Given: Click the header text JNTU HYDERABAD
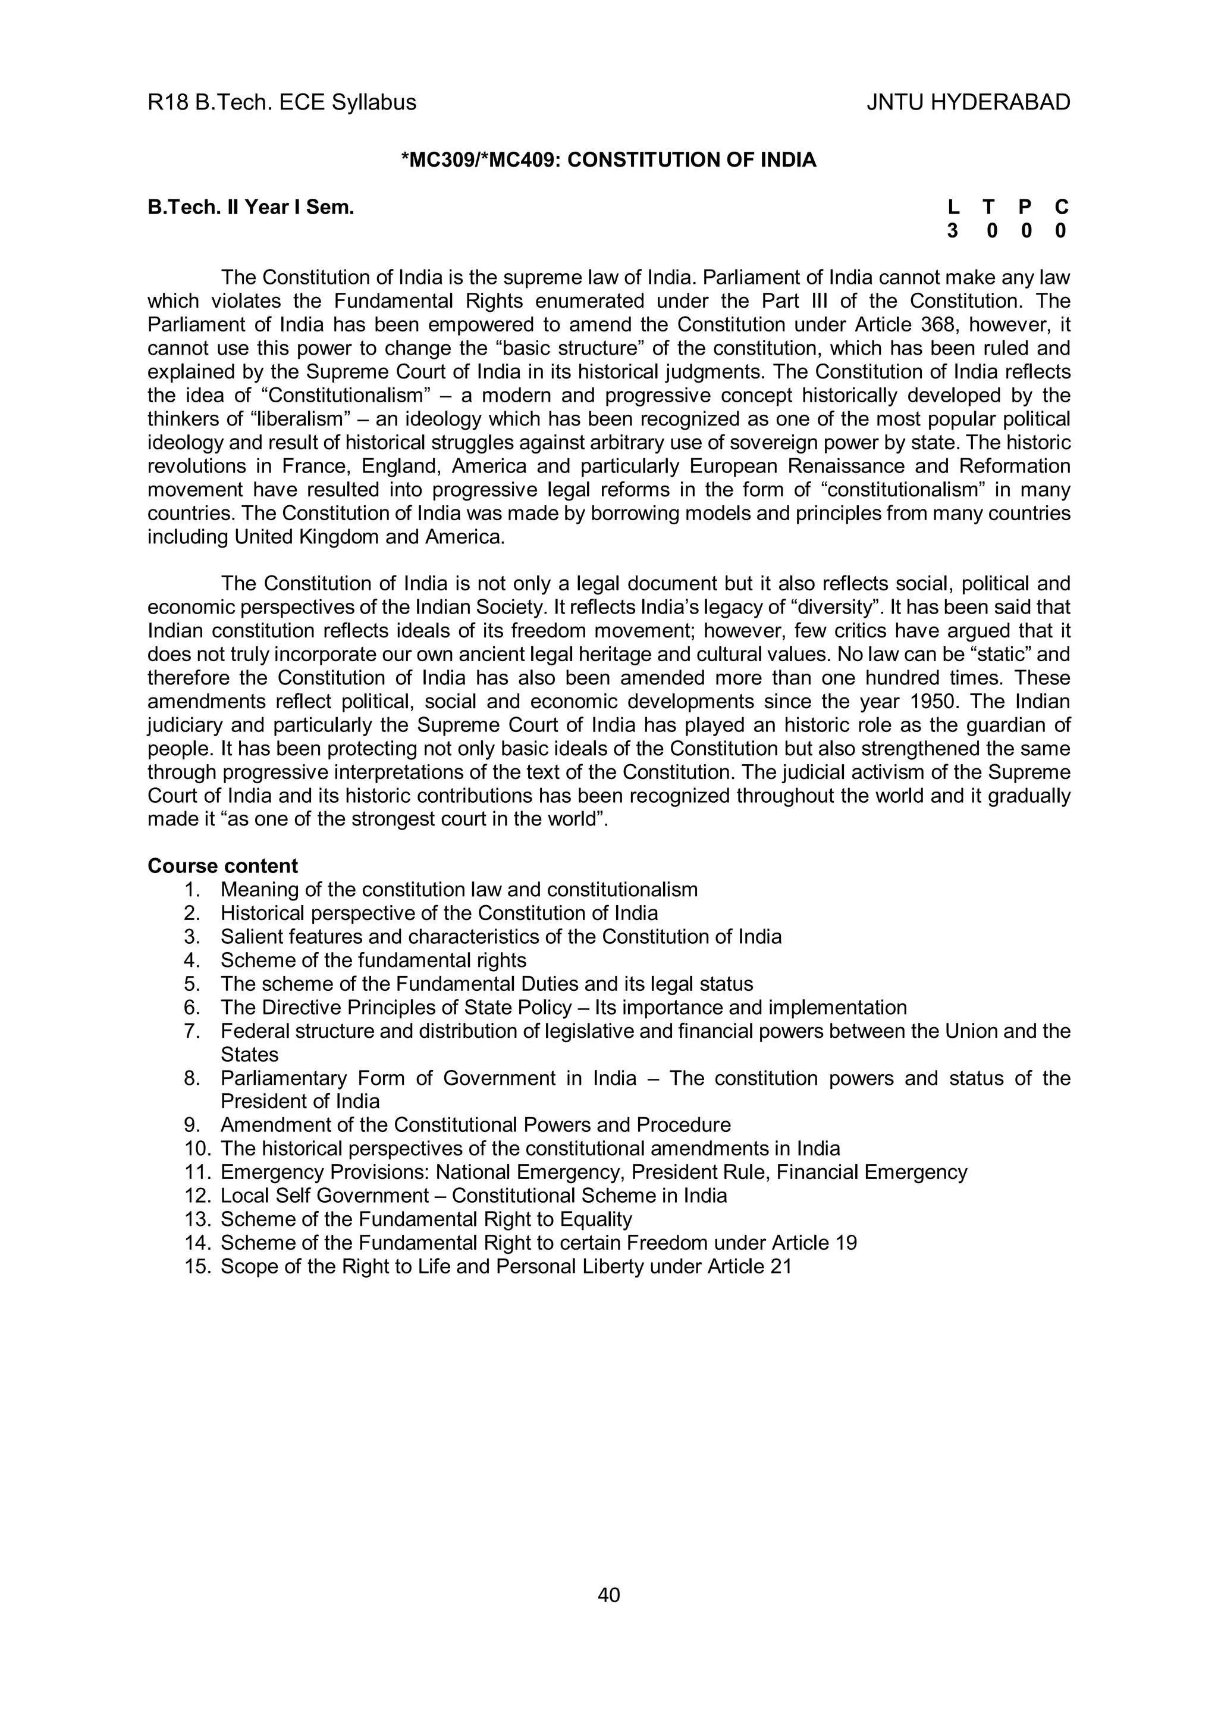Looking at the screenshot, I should pos(968,103).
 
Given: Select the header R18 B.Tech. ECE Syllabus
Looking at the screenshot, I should pos(281,103).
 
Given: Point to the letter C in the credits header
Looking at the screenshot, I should pos(1061,207).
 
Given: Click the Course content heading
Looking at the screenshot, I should pos(223,866).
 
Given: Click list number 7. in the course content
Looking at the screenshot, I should pos(192,1031).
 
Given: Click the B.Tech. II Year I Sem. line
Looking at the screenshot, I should pos(250,207).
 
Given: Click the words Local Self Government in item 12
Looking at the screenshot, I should pos(324,1196).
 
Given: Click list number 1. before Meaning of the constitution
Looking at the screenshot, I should pos(192,890).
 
